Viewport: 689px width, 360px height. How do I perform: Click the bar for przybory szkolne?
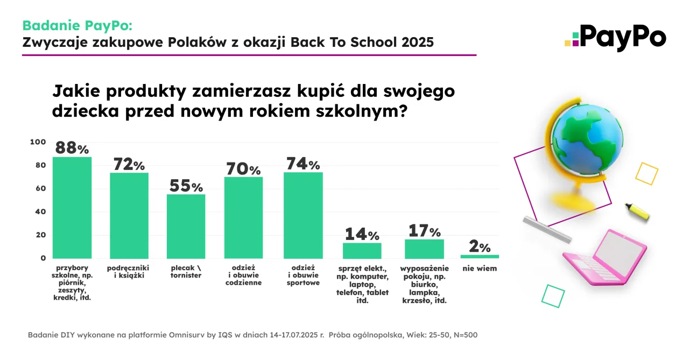(72, 207)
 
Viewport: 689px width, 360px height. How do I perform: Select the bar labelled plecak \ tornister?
(186, 226)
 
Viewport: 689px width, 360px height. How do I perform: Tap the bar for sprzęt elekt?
(362, 251)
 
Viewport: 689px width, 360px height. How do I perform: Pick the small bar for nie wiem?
(480, 257)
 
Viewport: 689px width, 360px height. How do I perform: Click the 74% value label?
(303, 164)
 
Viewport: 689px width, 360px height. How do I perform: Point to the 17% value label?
(425, 231)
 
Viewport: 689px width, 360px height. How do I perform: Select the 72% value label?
(129, 165)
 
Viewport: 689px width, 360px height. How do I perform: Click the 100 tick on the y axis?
(38, 142)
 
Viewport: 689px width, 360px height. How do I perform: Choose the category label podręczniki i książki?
(128, 272)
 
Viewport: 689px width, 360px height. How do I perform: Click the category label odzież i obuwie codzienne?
(243, 275)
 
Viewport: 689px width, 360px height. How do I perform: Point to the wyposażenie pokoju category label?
(424, 284)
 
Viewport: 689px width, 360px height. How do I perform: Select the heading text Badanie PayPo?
(77, 25)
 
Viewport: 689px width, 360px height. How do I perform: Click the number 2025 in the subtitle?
(417, 43)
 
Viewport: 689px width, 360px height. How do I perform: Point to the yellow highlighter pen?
(637, 211)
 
